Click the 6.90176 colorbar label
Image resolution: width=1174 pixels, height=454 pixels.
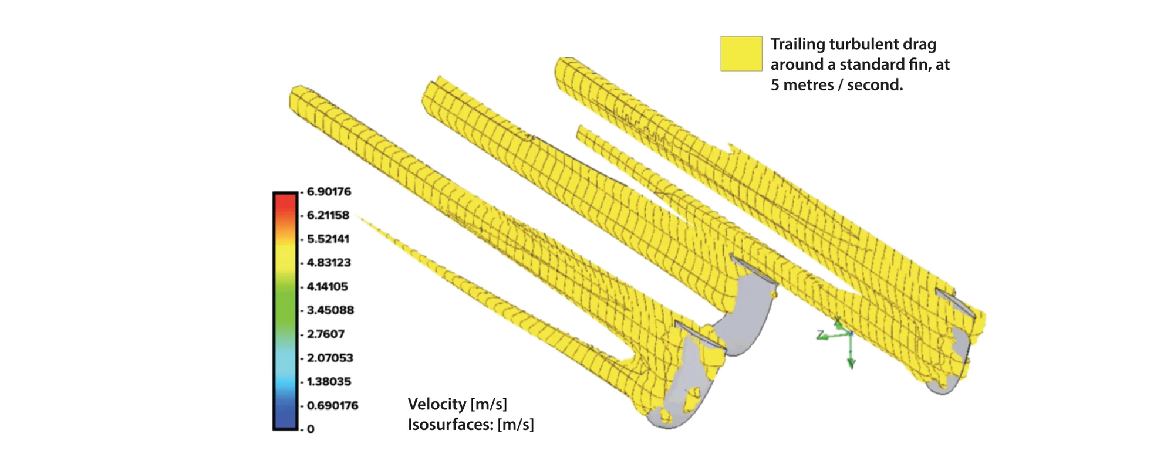(x=329, y=192)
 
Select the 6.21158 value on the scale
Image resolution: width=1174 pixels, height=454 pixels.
(x=328, y=215)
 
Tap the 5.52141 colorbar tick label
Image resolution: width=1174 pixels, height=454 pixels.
(x=328, y=239)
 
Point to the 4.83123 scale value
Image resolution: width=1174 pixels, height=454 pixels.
(x=329, y=263)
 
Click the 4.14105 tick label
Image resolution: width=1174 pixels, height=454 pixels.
(x=327, y=287)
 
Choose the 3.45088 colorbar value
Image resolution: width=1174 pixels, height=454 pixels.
(x=330, y=310)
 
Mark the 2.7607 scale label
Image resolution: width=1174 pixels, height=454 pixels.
(x=325, y=334)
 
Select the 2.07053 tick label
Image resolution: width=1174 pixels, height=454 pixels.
(x=330, y=358)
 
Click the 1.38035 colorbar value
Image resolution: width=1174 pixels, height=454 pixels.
(x=329, y=382)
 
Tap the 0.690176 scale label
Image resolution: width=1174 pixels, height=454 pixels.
(x=332, y=406)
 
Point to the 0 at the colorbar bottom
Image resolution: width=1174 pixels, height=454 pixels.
(x=311, y=429)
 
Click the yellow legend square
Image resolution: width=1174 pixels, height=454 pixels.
(x=741, y=54)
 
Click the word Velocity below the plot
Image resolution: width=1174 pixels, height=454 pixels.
(x=437, y=404)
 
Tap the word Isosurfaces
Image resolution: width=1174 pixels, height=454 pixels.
(x=450, y=425)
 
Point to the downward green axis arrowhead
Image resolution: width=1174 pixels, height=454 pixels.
(x=851, y=363)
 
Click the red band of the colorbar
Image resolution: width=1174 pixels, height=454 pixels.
(x=285, y=202)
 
